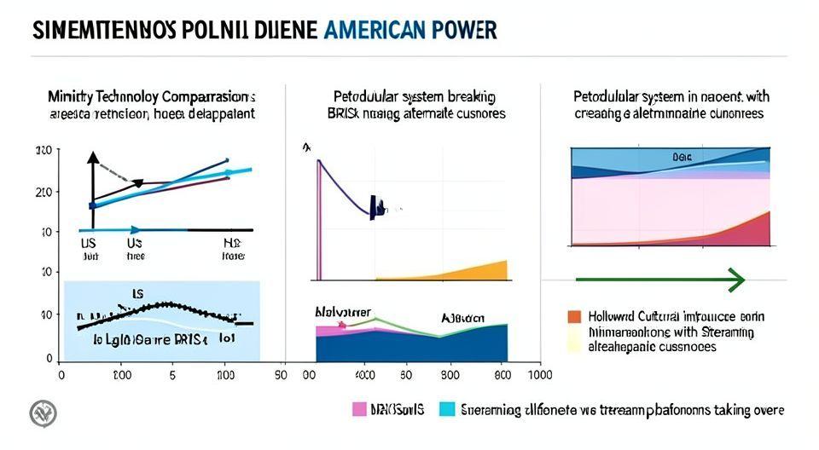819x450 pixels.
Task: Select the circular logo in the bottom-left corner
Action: pyautogui.click(x=43, y=413)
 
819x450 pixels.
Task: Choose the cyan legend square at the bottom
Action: pyautogui.click(x=445, y=410)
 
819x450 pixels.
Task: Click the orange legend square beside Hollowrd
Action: pyautogui.click(x=574, y=316)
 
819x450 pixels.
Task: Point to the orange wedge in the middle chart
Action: pyautogui.click(x=478, y=271)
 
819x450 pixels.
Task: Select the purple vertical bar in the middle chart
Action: pyautogui.click(x=318, y=222)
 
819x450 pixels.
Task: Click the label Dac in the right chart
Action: pyautogui.click(x=680, y=157)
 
